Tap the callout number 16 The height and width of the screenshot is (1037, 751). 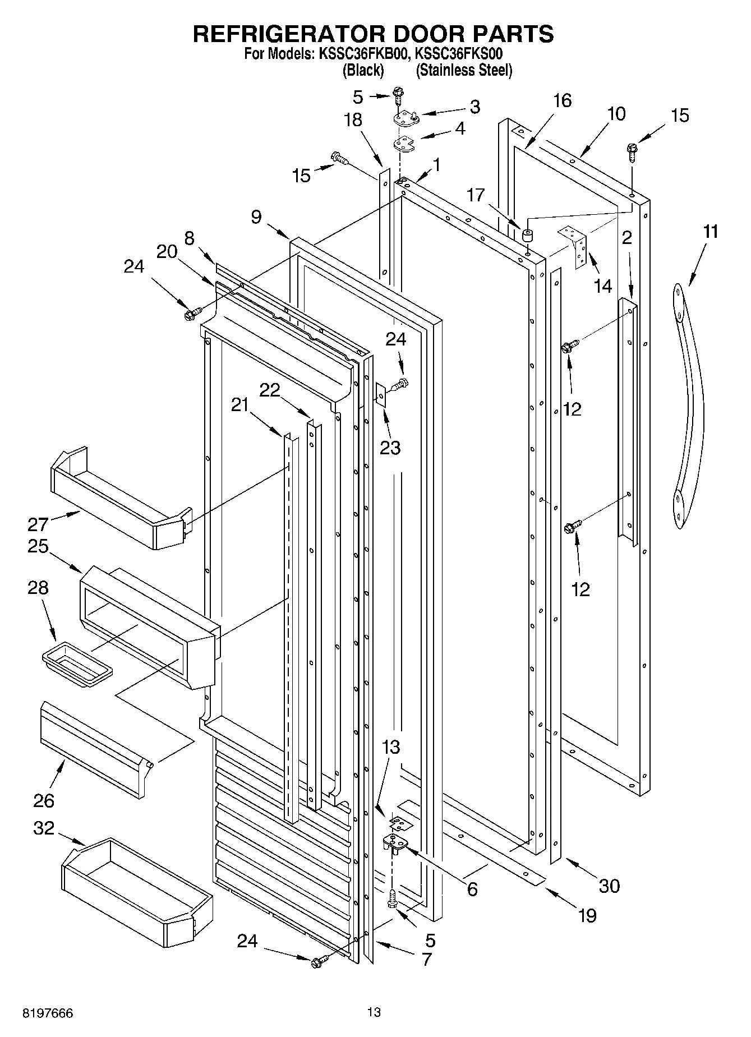point(562,100)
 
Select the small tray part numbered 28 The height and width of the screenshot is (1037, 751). point(77,663)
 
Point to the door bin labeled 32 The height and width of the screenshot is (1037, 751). point(136,891)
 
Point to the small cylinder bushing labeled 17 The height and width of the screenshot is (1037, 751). point(527,235)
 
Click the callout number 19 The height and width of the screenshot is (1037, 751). point(587,915)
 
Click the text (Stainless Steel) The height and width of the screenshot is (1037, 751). point(464,70)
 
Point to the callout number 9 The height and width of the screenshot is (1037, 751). point(256,217)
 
